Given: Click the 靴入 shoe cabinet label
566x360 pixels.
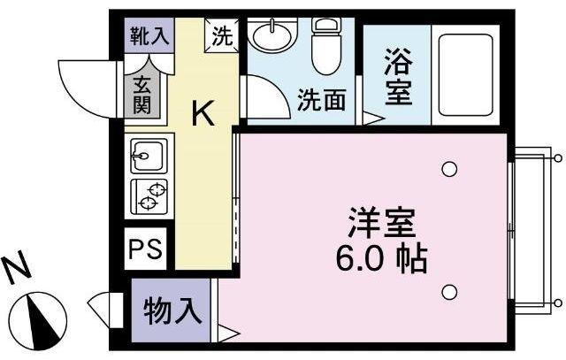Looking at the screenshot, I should (x=147, y=36).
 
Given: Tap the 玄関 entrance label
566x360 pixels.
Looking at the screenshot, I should (x=142, y=94).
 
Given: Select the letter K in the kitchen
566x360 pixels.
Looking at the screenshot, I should (x=203, y=112).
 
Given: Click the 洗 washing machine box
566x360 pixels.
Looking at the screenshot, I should (x=222, y=37).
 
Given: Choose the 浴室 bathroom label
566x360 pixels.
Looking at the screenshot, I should (x=397, y=78).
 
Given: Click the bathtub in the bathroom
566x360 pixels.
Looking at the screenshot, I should (x=466, y=74).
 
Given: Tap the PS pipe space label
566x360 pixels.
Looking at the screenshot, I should (x=145, y=248).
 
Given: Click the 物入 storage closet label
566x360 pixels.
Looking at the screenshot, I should (x=172, y=310).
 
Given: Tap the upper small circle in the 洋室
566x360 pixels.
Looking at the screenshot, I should (x=450, y=168).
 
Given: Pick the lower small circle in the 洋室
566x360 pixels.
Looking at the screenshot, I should (x=450, y=291).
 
